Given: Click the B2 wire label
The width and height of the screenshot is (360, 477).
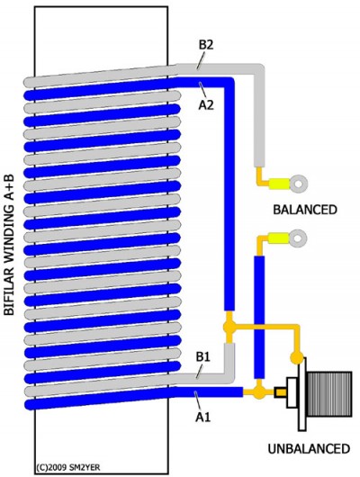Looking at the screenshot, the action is [206, 45].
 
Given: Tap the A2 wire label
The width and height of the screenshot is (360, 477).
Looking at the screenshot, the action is [206, 105].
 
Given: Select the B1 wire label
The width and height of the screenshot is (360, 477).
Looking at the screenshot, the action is [203, 356].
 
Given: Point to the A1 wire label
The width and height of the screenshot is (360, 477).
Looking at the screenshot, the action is [203, 417].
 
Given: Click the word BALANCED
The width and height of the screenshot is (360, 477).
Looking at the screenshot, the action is [305, 210].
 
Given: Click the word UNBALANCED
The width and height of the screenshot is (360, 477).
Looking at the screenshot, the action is [309, 449].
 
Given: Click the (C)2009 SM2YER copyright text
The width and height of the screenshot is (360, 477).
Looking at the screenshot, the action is [67, 467].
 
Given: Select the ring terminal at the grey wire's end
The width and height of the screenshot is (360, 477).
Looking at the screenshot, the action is [298, 184].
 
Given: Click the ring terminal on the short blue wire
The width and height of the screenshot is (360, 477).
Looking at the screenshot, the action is [298, 238].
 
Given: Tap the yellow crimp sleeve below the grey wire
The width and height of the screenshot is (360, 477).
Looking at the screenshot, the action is [279, 184].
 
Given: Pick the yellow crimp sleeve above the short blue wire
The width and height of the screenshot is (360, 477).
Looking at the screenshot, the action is [278, 238].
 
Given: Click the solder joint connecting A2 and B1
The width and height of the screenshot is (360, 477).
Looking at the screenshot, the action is [229, 327].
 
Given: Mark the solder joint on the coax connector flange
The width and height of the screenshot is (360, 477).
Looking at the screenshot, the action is [296, 357].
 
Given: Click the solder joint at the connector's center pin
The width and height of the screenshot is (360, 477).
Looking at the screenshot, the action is [258, 392].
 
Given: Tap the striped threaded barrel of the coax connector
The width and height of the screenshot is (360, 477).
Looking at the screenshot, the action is [329, 393].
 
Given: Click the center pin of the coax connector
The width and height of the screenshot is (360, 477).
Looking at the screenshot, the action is [280, 392].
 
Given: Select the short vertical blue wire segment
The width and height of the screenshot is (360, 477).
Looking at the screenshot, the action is [259, 318].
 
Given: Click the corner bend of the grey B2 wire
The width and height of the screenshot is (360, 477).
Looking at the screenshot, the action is [259, 68].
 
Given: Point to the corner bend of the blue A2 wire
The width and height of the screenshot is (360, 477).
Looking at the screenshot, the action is [229, 83].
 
